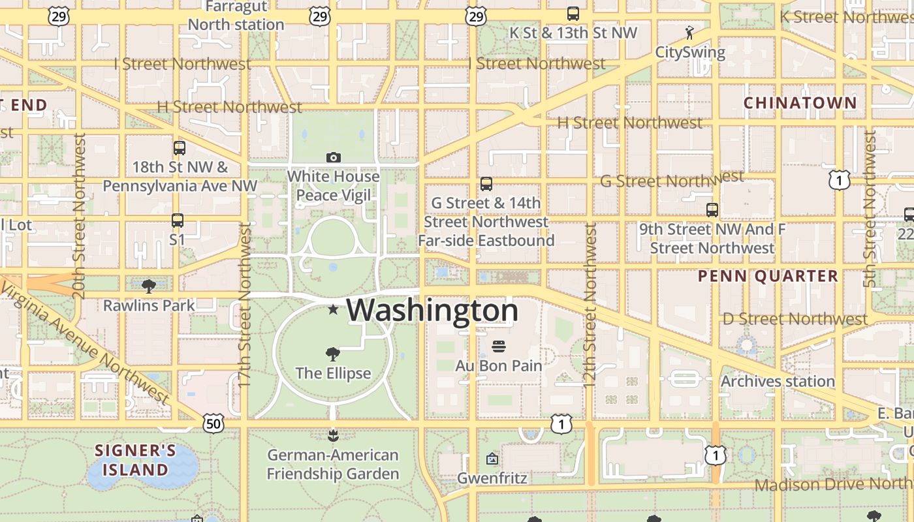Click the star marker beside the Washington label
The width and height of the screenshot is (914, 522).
[333, 309]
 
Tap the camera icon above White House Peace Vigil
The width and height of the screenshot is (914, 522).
[334, 157]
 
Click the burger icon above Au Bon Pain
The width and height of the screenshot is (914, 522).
[499, 346]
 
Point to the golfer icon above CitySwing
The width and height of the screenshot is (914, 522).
[689, 32]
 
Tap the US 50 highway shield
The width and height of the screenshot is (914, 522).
[213, 424]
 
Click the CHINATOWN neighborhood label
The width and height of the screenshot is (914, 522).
[800, 102]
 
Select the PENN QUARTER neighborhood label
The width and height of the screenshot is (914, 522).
[768, 276]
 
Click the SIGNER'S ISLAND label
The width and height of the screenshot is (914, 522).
[135, 460]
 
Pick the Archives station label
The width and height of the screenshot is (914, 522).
[778, 381]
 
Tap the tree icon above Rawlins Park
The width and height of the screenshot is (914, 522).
[149, 286]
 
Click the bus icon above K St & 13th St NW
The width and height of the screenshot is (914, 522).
[573, 13]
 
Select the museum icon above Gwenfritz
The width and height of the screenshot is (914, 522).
[492, 459]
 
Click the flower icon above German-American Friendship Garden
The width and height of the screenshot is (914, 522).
[333, 435]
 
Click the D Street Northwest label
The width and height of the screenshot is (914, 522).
[795, 319]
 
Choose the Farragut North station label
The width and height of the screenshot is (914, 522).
[236, 16]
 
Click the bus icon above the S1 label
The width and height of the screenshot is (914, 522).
[178, 221]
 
